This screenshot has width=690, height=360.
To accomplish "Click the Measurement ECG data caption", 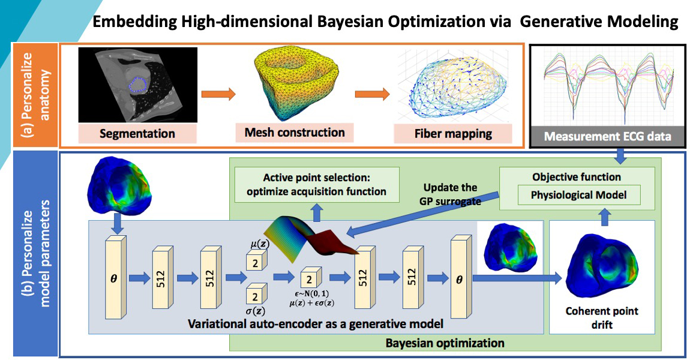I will [610, 137].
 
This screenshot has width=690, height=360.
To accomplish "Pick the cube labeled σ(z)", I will [253, 296].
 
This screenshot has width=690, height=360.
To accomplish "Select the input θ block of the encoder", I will [116, 279].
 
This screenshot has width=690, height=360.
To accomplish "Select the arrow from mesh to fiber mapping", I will [372, 94].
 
